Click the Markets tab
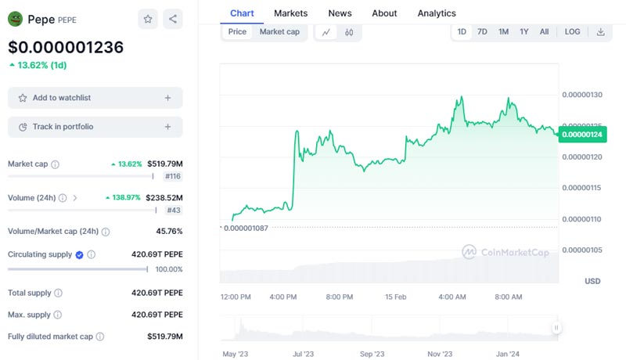tap(290, 13)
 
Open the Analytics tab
tap(437, 13)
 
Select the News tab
tap(340, 13)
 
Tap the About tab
tap(384, 13)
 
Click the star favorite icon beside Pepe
tap(148, 20)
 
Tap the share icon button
tap(173, 20)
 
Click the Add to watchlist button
tap(95, 98)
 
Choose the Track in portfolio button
tap(95, 127)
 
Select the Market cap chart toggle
tap(279, 32)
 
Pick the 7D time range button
tap(483, 32)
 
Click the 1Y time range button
tap(524, 32)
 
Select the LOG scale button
tap(573, 32)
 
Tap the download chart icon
tap(600, 32)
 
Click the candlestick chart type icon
tap(349, 32)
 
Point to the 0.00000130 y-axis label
tap(582, 95)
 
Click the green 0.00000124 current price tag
tap(583, 135)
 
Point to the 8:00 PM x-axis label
tap(340, 297)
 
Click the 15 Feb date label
tap(396, 297)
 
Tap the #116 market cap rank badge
tap(173, 176)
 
